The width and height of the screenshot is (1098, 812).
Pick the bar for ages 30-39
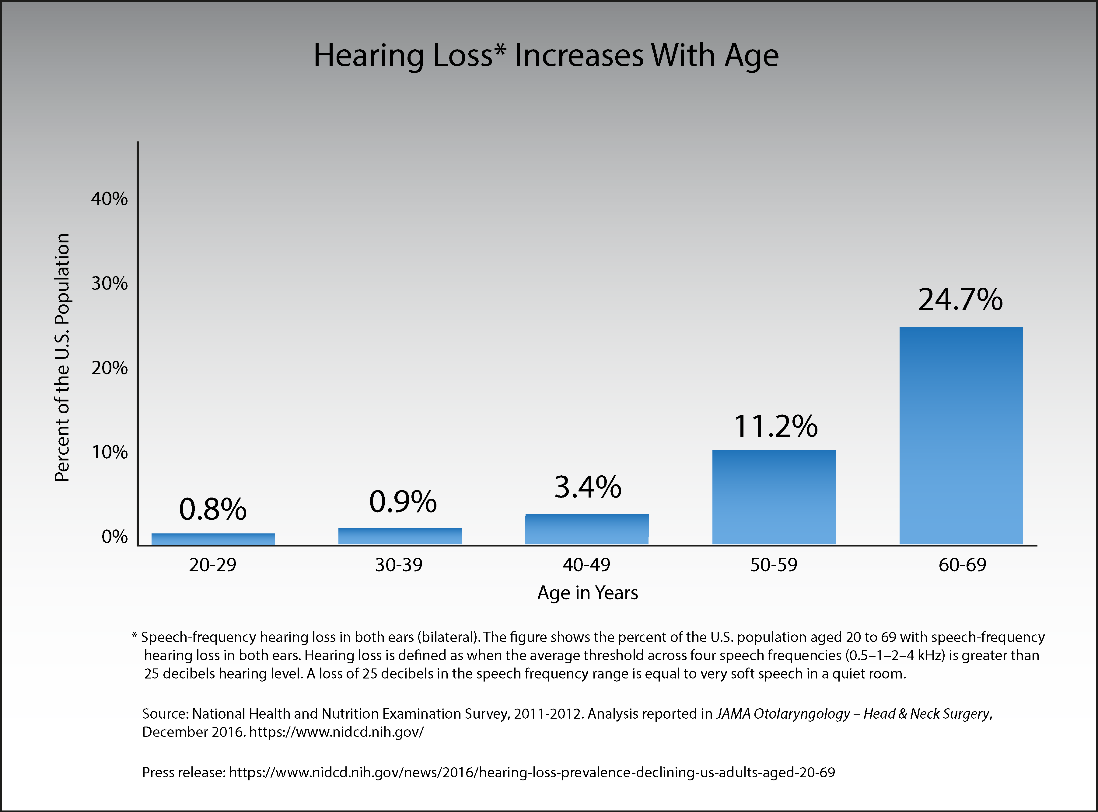pos(400,536)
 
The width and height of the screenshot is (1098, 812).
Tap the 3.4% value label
pos(588,487)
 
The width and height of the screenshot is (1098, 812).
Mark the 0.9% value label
pos(403,502)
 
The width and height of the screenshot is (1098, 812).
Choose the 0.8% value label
pos(212,509)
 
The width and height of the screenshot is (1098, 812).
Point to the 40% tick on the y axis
pos(109,199)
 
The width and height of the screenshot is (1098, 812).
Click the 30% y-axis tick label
pos(109,284)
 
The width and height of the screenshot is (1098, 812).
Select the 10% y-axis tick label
pos(109,452)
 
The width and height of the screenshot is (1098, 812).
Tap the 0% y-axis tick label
pos(114,537)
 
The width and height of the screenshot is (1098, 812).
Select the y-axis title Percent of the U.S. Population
pos(62,357)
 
